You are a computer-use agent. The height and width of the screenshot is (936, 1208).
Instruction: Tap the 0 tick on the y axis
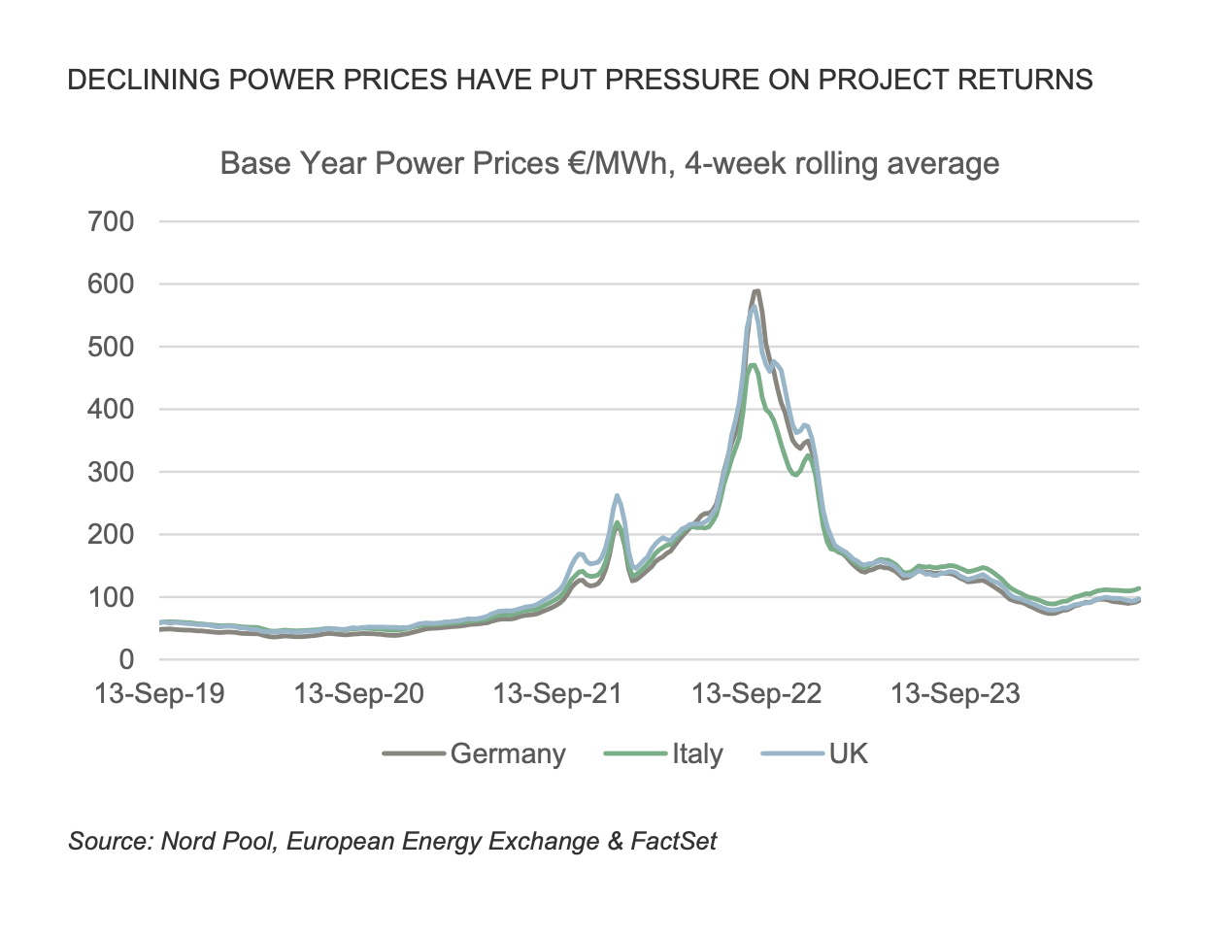click(126, 660)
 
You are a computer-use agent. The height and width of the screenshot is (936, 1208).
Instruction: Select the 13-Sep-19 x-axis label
click(159, 694)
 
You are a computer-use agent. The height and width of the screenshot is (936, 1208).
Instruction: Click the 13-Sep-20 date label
click(359, 694)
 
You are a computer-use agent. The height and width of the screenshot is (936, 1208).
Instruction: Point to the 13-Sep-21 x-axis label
click(557, 694)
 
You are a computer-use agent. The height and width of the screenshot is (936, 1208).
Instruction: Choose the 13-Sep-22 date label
click(756, 694)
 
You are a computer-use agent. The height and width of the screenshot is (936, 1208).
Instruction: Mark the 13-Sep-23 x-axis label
click(956, 694)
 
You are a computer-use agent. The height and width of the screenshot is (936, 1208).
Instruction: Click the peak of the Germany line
click(755, 290)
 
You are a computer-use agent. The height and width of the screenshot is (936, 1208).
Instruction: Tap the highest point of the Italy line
click(754, 365)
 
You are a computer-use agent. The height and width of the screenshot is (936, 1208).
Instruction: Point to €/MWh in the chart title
click(621, 163)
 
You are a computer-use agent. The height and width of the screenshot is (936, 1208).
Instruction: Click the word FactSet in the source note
click(673, 841)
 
